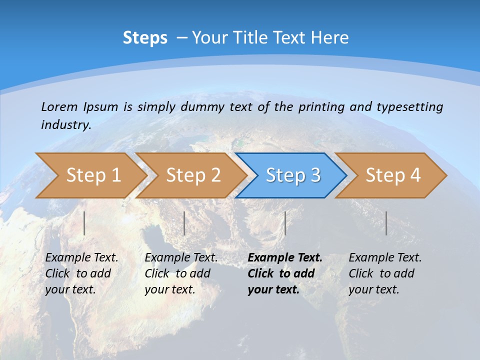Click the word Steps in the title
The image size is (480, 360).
[x=145, y=38]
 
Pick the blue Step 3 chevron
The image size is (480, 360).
[x=293, y=175]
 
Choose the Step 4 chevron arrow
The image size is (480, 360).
[x=393, y=175]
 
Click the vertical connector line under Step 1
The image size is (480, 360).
[x=84, y=223]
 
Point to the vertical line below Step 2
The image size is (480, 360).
[x=184, y=223]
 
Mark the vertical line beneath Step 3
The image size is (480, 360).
[x=285, y=223]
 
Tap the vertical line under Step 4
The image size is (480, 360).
[x=386, y=223]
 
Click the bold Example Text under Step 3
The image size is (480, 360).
[x=284, y=273]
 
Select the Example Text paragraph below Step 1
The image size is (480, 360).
[x=81, y=273]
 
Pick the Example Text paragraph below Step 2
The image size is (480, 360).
[x=181, y=273]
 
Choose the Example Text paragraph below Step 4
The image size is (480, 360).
[x=385, y=273]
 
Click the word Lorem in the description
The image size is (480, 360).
[x=59, y=107]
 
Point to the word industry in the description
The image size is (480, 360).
[x=65, y=125]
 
